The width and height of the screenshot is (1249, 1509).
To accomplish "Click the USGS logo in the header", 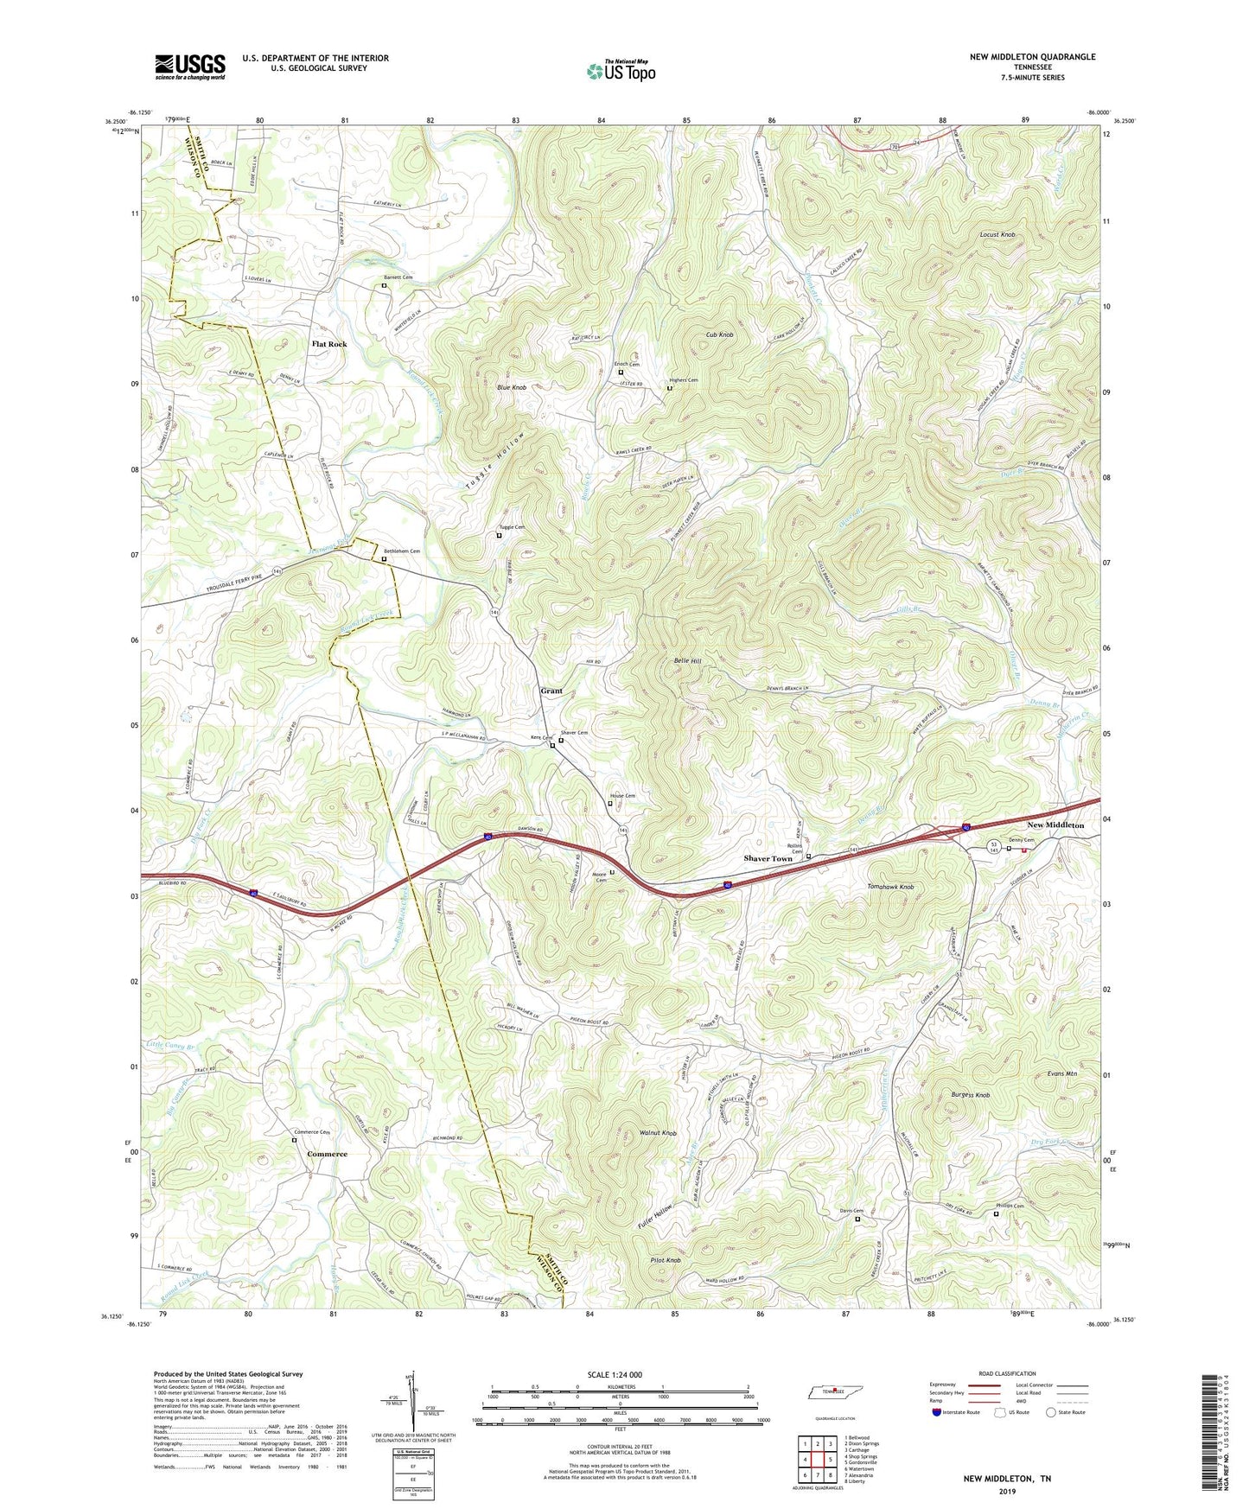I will coord(190,67).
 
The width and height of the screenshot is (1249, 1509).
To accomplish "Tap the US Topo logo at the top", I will coord(620,71).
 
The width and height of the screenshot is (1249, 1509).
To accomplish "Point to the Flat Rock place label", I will coord(329,344).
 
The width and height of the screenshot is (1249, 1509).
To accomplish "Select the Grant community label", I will coord(551,691).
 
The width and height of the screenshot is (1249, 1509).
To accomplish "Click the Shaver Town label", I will coord(768,858).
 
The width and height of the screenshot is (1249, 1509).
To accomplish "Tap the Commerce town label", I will coord(327,1154).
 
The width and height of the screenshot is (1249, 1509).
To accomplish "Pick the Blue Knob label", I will coord(512,387).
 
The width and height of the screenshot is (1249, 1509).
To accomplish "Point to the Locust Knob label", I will coord(997,235).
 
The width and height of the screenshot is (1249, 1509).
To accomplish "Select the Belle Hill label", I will coord(687,661).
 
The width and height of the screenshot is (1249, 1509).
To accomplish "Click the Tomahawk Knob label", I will coord(889,888).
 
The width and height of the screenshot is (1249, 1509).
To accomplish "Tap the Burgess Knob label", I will coord(970,1095).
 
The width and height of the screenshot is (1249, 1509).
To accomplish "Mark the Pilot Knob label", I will coord(666,1261).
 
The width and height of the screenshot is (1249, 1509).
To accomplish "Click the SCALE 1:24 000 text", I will coord(615,1374).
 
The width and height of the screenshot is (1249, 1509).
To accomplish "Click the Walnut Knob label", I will coord(658,1132).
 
